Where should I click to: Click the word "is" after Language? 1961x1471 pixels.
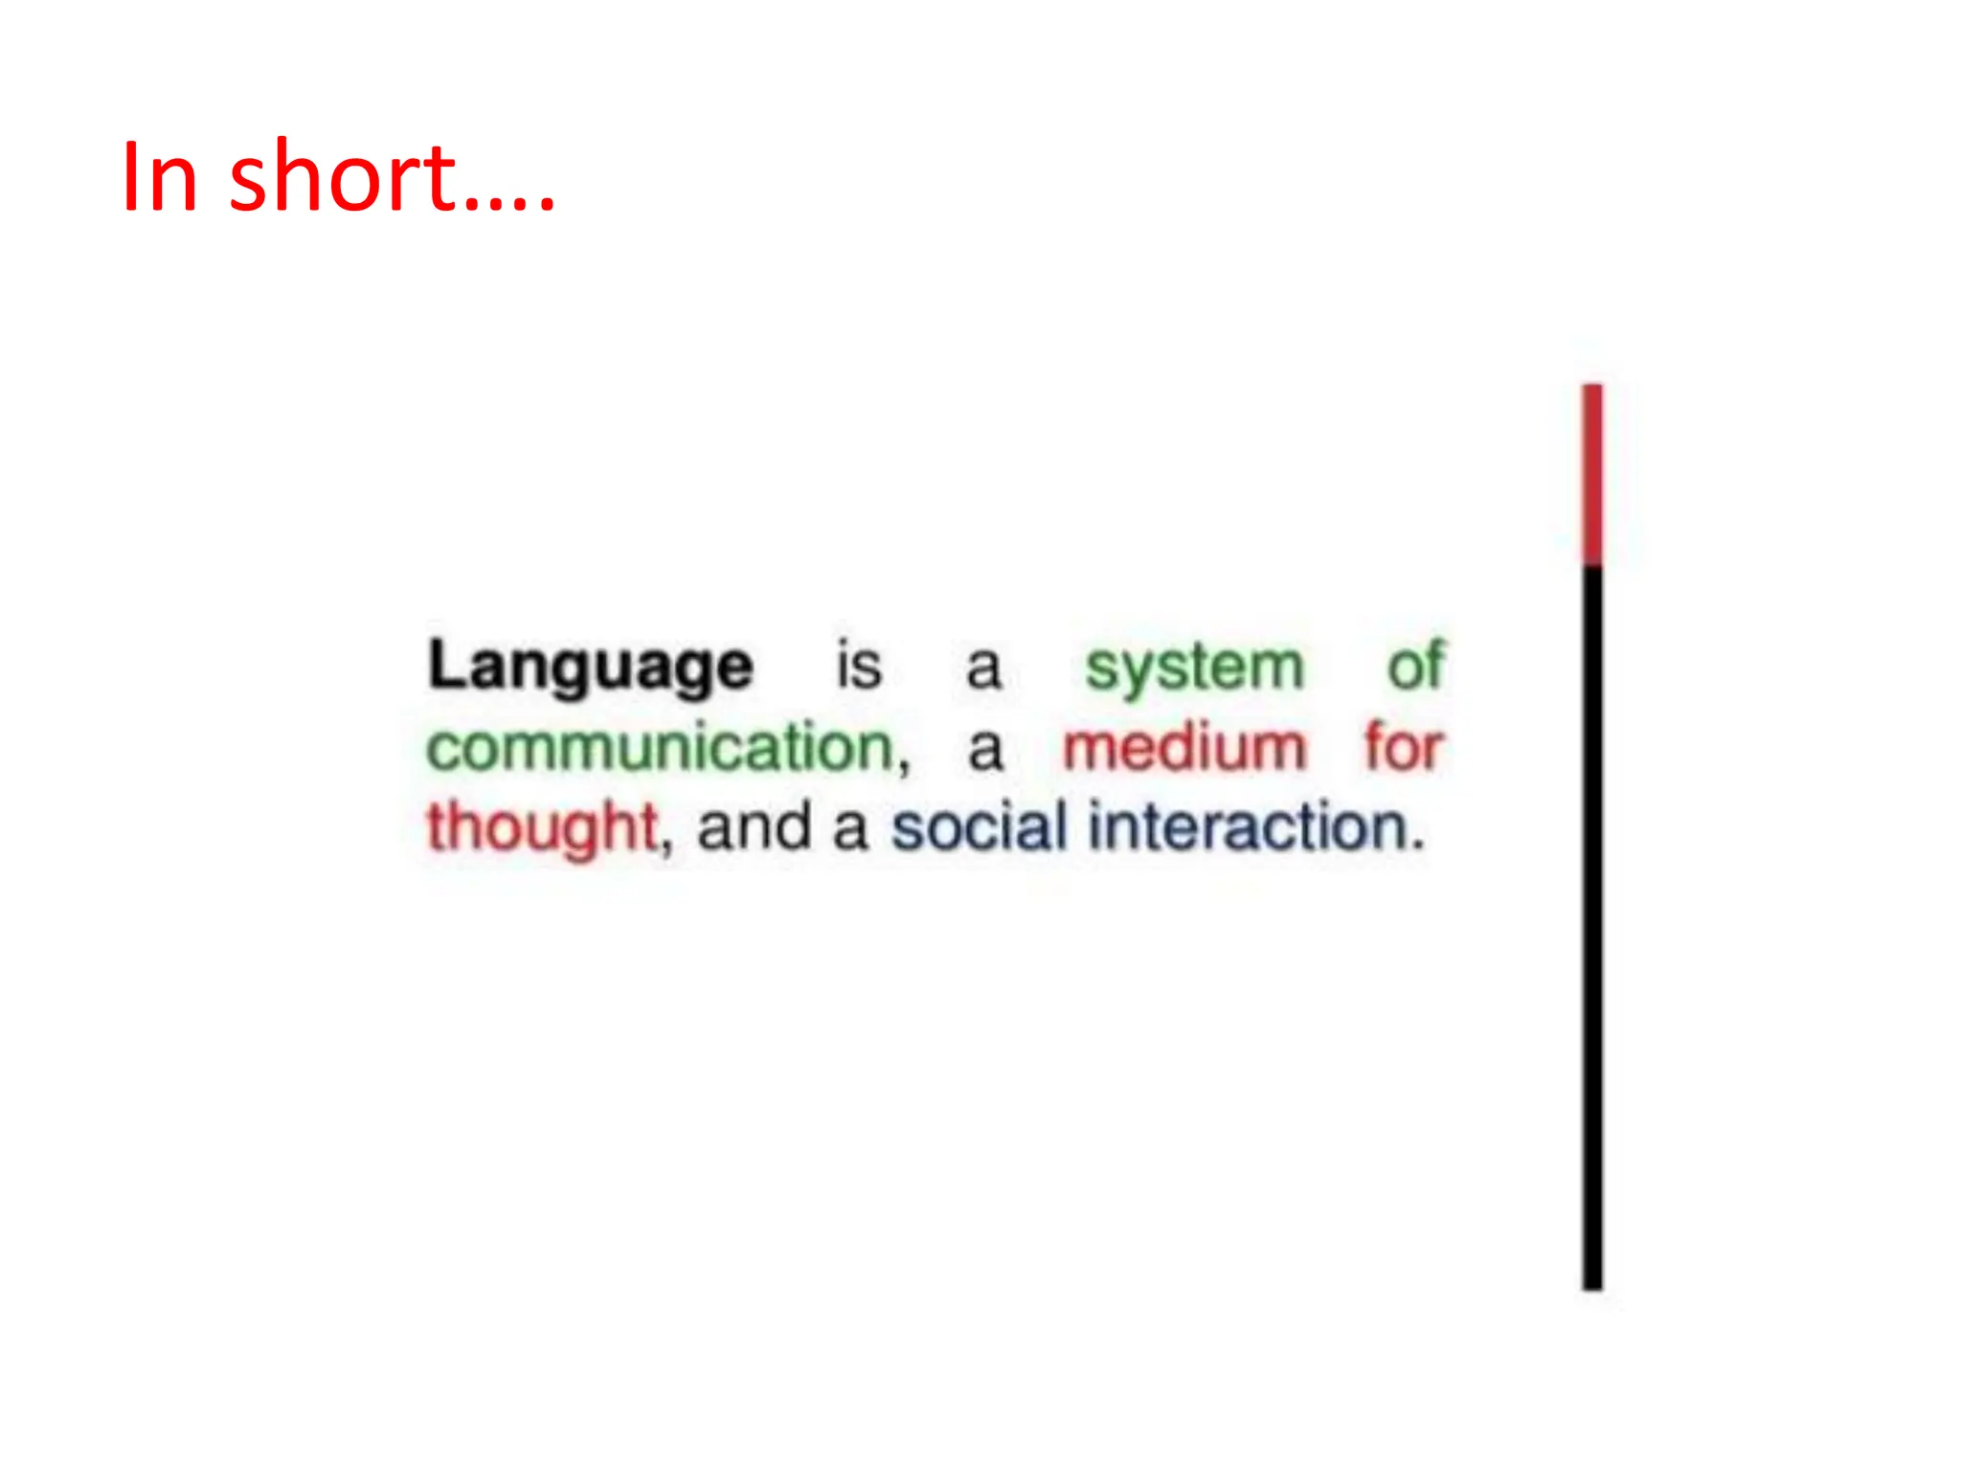tap(859, 665)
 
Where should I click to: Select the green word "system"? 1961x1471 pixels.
tap(1194, 668)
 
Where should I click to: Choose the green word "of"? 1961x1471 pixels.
tap(1415, 665)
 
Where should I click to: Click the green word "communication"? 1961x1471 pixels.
tap(660, 748)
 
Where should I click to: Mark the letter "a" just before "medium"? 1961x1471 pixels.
tap(985, 750)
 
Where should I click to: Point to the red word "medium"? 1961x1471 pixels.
tap(1184, 748)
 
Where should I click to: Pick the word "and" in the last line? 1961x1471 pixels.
tap(754, 827)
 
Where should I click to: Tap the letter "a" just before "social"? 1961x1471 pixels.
tap(849, 830)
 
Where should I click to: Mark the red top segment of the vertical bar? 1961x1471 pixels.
tap(1592, 475)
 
